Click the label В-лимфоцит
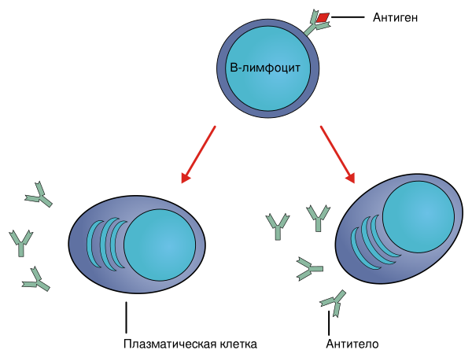264,68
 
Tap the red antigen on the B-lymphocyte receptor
323,17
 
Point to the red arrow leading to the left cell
199,153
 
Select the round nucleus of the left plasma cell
160,245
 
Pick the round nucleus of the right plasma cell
418,216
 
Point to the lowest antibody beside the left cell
35,279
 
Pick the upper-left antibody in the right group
277,226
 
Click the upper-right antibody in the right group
318,216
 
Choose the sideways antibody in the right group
309,269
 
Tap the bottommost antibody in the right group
334,301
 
